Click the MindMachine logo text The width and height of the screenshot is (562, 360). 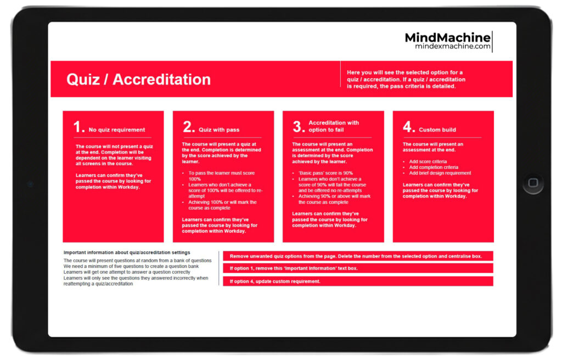tap(447, 38)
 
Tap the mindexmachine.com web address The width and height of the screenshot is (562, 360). tap(453, 47)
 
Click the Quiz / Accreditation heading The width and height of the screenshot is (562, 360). tap(138, 79)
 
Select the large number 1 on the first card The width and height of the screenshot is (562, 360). tap(79, 127)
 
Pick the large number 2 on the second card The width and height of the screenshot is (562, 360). tap(189, 127)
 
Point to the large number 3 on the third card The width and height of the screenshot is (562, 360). tap(299, 127)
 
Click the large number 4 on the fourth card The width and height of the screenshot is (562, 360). tap(409, 127)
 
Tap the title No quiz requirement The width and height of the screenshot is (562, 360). tap(117, 130)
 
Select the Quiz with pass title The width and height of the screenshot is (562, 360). tap(219, 130)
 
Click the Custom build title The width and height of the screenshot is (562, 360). tap(437, 130)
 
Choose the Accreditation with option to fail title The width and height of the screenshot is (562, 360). tap(334, 126)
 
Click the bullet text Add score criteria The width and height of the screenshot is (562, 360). tap(428, 161)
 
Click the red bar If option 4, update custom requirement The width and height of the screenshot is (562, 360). tap(357, 282)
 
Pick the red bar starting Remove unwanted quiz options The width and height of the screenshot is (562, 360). tap(357, 256)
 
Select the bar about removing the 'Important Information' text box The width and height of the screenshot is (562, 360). tap(357, 269)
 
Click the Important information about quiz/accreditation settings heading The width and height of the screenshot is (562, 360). tap(127, 252)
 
